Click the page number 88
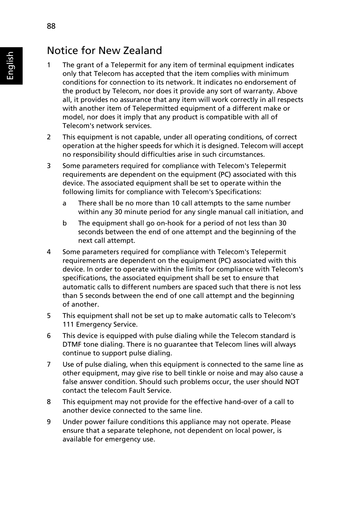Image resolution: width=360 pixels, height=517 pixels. coord(51,26)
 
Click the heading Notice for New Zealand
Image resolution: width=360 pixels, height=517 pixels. coord(105,51)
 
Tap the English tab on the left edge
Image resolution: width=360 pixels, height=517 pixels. coord(11,66)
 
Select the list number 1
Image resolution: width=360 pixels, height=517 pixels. coord(49,65)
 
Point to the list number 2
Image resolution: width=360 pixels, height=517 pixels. coord(49,137)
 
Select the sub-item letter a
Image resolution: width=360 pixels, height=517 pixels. coord(65,203)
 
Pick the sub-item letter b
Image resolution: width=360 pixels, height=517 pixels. coord(65,223)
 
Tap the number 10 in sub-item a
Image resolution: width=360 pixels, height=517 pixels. coord(175,203)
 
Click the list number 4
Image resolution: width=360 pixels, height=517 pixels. coord(49,252)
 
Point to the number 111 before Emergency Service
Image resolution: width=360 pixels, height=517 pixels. coord(68,324)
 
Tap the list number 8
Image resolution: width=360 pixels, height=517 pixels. coord(49,402)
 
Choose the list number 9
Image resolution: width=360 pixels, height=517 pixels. coord(49,422)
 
